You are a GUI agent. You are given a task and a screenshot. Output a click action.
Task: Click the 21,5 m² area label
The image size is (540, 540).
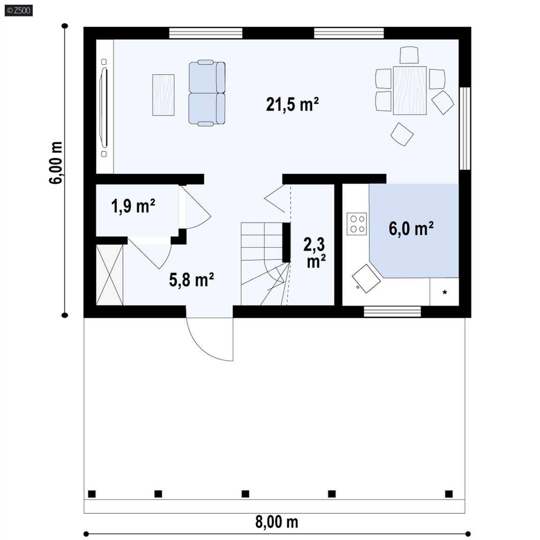(x=292, y=105)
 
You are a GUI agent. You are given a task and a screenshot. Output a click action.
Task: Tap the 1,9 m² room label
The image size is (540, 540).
(x=133, y=206)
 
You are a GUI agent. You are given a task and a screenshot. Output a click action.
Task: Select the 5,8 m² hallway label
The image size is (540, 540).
(x=191, y=280)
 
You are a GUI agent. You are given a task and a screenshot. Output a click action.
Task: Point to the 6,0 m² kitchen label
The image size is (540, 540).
(x=411, y=228)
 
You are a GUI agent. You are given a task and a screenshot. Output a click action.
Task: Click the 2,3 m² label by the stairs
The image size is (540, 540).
(x=315, y=253)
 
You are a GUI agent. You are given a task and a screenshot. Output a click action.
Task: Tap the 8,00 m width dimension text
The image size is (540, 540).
(x=277, y=522)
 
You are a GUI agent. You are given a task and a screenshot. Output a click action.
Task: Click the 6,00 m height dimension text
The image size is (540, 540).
(x=56, y=163)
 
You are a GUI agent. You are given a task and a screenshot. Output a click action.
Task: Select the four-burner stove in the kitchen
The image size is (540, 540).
(x=356, y=224)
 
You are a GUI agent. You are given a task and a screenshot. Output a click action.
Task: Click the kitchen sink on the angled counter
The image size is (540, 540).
(x=366, y=279)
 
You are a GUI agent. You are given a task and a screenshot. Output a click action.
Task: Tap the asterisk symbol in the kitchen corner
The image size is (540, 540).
(x=444, y=292)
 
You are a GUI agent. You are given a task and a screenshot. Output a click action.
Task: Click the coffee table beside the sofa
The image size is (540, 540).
(x=163, y=95)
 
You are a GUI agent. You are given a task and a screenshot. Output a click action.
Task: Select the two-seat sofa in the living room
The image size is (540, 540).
(x=207, y=92)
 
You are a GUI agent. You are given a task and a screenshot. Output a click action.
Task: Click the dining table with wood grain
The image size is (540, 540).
(x=410, y=90)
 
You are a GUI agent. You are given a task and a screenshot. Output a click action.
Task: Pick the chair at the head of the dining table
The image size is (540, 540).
(x=409, y=55)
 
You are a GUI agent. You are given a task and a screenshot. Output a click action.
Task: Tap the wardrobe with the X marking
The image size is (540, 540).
(x=110, y=275)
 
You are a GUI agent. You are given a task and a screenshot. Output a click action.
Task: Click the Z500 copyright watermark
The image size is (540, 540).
(x=19, y=10)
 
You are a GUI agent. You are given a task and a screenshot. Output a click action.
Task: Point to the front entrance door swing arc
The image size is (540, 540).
(x=203, y=347)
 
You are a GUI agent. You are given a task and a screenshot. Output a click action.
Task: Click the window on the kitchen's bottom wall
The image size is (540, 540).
(x=392, y=312)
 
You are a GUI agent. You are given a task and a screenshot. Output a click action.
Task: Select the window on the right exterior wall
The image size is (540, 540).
(x=465, y=128)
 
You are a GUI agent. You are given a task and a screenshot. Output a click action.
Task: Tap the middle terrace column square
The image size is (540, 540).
(x=245, y=494)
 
